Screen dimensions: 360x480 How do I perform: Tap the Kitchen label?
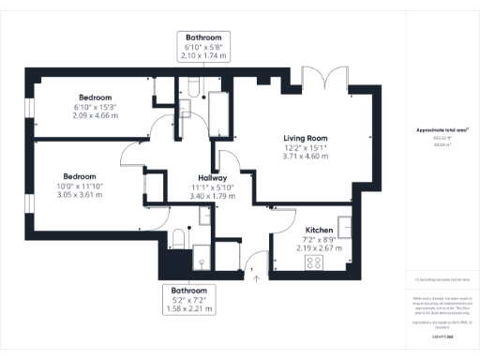[x=321, y=229]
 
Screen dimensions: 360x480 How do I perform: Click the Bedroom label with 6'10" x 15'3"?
[x=96, y=97]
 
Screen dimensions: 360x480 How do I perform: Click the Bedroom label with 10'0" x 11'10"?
[x=81, y=176]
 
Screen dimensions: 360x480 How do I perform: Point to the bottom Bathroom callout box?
[x=188, y=298]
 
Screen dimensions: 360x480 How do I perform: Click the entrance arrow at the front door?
[x=255, y=275]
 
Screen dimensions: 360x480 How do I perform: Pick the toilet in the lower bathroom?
[x=178, y=236]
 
